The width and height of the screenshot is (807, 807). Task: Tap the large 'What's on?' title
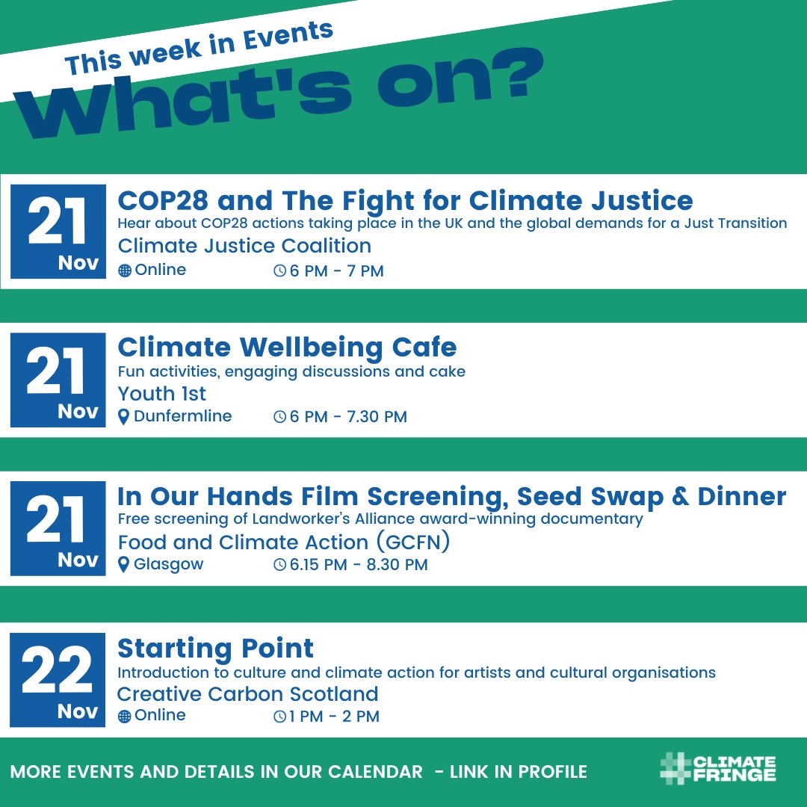tap(284, 101)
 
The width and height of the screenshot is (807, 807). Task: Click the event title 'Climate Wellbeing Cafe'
tap(287, 347)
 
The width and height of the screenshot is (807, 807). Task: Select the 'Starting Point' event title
tap(215, 647)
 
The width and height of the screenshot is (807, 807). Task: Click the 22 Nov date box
tap(58, 679)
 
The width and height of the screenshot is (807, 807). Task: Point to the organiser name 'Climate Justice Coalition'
tap(244, 246)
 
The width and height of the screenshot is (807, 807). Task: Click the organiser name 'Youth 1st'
tap(161, 393)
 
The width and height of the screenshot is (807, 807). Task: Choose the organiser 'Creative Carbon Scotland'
tap(247, 694)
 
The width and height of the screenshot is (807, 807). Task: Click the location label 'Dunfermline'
tap(182, 416)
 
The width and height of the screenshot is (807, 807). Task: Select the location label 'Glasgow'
tap(168, 565)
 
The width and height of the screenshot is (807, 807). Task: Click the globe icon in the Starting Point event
tap(125, 717)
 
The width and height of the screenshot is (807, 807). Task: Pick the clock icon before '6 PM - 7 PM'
tap(279, 271)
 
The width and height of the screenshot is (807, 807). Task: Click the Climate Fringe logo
tap(718, 770)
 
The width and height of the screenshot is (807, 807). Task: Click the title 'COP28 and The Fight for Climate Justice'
tap(405, 200)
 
